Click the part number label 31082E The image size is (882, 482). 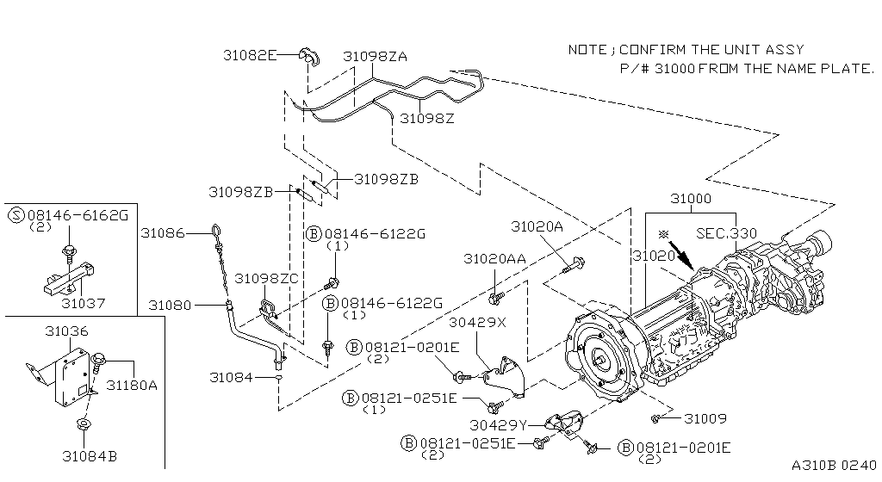click(x=250, y=55)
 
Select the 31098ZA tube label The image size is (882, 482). click(x=376, y=56)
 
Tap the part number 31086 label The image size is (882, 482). click(x=163, y=232)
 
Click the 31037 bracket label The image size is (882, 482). click(x=84, y=303)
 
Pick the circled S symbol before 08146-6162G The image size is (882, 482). click(x=17, y=214)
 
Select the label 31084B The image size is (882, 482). click(x=90, y=456)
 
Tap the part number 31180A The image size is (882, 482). click(x=132, y=385)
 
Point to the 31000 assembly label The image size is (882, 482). click(x=691, y=198)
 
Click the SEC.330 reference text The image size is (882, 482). click(x=727, y=233)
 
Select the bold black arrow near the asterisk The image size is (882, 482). click(x=682, y=256)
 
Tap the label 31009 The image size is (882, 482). click(x=705, y=418)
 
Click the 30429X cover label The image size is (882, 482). click(x=477, y=323)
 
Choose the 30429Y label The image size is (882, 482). click(x=499, y=425)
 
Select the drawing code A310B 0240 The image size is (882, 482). click(x=834, y=465)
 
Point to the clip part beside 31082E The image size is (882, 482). click(x=308, y=56)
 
